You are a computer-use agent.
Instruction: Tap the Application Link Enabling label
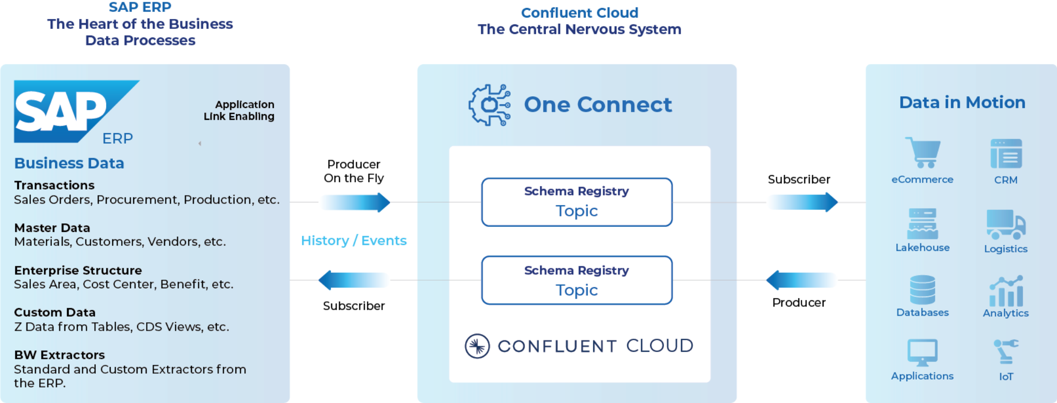coord(239,110)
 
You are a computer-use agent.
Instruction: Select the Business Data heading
coord(69,163)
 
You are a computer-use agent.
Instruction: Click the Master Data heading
coord(52,228)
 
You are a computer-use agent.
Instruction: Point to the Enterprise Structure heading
coord(78,270)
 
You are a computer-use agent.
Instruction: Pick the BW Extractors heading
coord(59,355)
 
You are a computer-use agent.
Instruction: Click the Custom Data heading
coord(54,313)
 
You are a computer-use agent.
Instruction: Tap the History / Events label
coord(354,241)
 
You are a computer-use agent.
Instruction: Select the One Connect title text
coord(597,105)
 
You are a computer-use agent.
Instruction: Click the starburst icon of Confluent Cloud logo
coord(477,346)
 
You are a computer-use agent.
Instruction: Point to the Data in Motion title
coord(962,102)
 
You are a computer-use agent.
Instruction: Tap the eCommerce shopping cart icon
coord(924,154)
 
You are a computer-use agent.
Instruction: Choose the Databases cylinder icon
coord(922,289)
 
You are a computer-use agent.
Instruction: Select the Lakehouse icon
coord(922,224)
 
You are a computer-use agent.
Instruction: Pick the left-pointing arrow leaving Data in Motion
coord(802,280)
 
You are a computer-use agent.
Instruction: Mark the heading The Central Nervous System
coord(579,29)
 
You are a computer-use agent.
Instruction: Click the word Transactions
coord(54,186)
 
